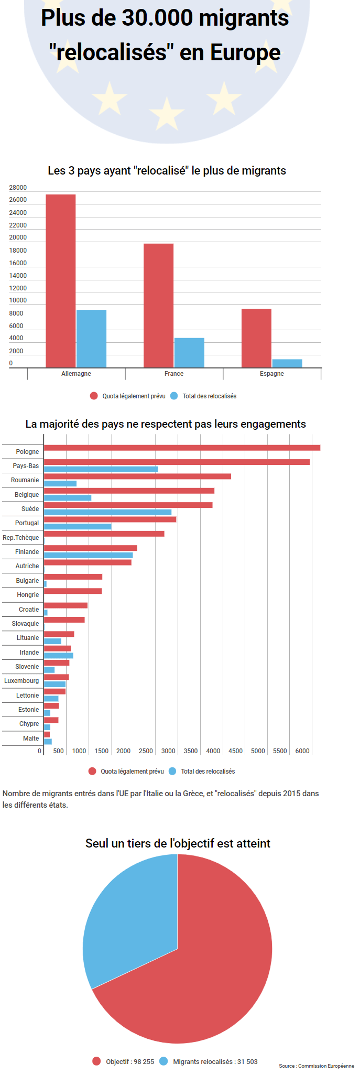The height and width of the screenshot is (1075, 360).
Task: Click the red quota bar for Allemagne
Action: point(61,281)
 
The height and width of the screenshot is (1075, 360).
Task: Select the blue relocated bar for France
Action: point(189,353)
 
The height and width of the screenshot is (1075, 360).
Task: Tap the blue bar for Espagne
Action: point(287,363)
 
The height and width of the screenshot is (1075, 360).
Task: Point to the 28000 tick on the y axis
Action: point(18,188)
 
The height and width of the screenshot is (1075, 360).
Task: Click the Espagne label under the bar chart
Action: point(271,374)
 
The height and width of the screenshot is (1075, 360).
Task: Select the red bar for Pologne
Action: point(182,448)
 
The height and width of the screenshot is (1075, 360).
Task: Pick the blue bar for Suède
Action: point(107,512)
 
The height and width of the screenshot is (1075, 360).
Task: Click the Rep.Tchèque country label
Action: point(21,538)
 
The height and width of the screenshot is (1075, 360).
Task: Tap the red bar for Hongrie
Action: point(73,591)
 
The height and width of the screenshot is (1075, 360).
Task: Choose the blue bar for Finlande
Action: point(88,555)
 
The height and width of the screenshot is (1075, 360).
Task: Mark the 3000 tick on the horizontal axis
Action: point(168,751)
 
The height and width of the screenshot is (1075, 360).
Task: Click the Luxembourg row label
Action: point(21,681)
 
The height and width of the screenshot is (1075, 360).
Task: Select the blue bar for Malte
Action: point(48,742)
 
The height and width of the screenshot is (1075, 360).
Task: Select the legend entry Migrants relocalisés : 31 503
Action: point(215,1061)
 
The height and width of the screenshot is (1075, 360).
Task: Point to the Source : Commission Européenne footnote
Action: point(317,1066)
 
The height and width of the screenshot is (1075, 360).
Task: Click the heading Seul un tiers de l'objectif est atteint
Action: point(178,843)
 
